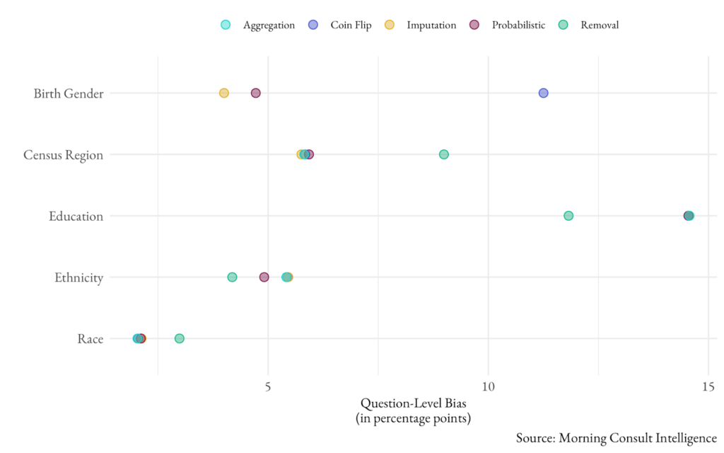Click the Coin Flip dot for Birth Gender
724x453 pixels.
click(x=543, y=93)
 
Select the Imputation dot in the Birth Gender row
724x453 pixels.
click(x=224, y=93)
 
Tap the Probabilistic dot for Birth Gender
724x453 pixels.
click(x=256, y=93)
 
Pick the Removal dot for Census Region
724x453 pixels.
click(x=444, y=154)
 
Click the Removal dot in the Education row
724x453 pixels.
click(x=568, y=216)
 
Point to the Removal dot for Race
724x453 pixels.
click(x=180, y=338)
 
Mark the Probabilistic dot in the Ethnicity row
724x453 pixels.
click(x=264, y=277)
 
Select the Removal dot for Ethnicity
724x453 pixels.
click(x=232, y=277)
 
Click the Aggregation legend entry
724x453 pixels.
click(x=258, y=25)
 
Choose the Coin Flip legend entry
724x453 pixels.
click(x=340, y=25)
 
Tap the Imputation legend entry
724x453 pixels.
click(x=421, y=25)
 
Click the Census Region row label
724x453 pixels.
click(x=63, y=155)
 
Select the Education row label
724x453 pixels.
click(x=76, y=216)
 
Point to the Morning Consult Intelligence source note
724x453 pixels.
click(x=616, y=437)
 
